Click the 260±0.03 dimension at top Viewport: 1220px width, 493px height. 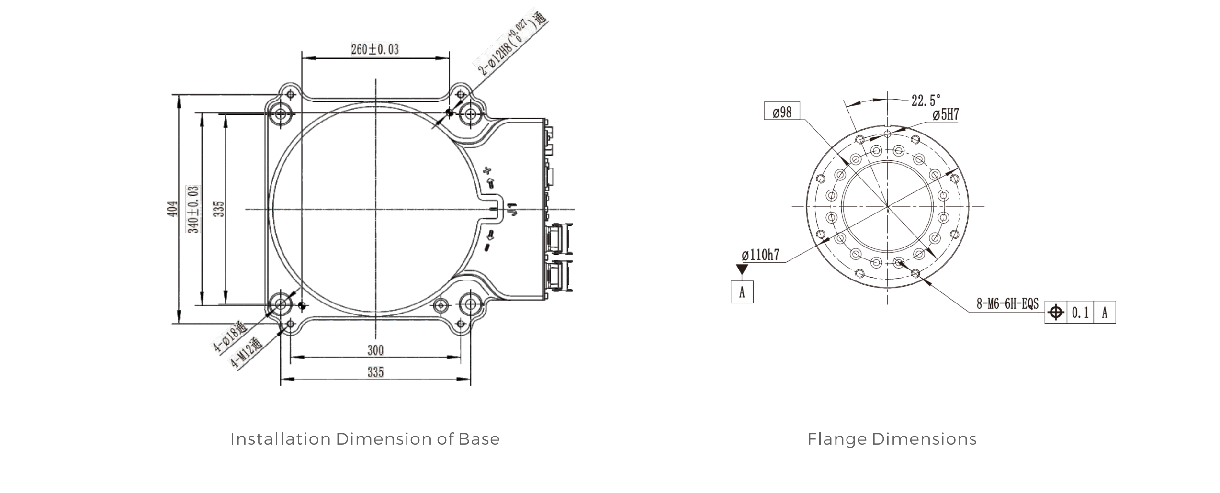pyautogui.click(x=375, y=49)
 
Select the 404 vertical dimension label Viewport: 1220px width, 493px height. pyautogui.click(x=173, y=209)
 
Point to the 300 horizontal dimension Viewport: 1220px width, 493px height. pyautogui.click(x=375, y=350)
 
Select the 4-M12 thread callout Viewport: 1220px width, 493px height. pyautogui.click(x=247, y=353)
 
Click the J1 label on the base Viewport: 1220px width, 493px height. pyautogui.click(x=513, y=210)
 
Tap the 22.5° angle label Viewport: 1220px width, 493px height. pyautogui.click(x=926, y=101)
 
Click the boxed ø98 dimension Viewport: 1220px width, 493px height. pyautogui.click(x=782, y=112)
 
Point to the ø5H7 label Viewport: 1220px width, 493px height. pyautogui.click(x=945, y=115)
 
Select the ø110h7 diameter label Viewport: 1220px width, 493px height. pyautogui.click(x=761, y=255)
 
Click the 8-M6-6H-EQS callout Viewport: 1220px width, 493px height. pyautogui.click(x=1007, y=304)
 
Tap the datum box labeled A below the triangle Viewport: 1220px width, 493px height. pyautogui.click(x=742, y=292)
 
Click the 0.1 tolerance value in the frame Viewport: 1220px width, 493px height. pyautogui.click(x=1080, y=313)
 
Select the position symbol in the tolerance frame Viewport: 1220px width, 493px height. pyautogui.click(x=1056, y=313)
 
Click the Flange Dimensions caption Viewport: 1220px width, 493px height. pyautogui.click(x=892, y=439)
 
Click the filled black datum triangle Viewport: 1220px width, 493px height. pyautogui.click(x=742, y=270)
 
